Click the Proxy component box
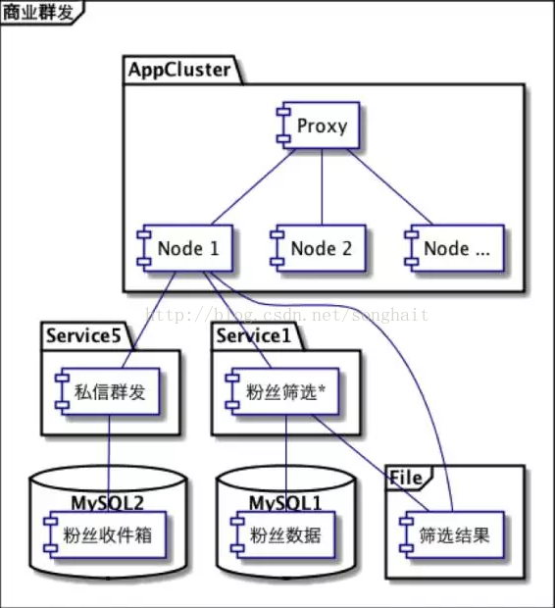pyautogui.click(x=319, y=126)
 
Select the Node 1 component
pyautogui.click(x=185, y=248)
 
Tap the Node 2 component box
pyautogui.click(x=318, y=248)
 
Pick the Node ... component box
pyautogui.click(x=455, y=248)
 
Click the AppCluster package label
pyautogui.click(x=179, y=70)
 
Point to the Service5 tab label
pyautogui.click(x=83, y=335)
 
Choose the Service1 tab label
pyautogui.click(x=253, y=335)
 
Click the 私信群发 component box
pyautogui.click(x=108, y=391)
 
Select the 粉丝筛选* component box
pyautogui.click(x=282, y=391)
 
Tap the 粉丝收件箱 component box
pyautogui.click(x=105, y=534)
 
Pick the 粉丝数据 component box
pyautogui.click(x=283, y=534)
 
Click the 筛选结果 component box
pyautogui.click(x=452, y=534)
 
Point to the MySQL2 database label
pyautogui.click(x=108, y=503)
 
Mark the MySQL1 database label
pyautogui.click(x=285, y=503)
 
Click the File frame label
pyautogui.click(x=406, y=478)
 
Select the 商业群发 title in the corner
pyautogui.click(x=38, y=12)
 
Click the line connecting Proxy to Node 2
pyautogui.click(x=322, y=187)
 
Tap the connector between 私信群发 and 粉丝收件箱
pyautogui.click(x=109, y=463)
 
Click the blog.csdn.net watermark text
pyautogui.click(x=287, y=315)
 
